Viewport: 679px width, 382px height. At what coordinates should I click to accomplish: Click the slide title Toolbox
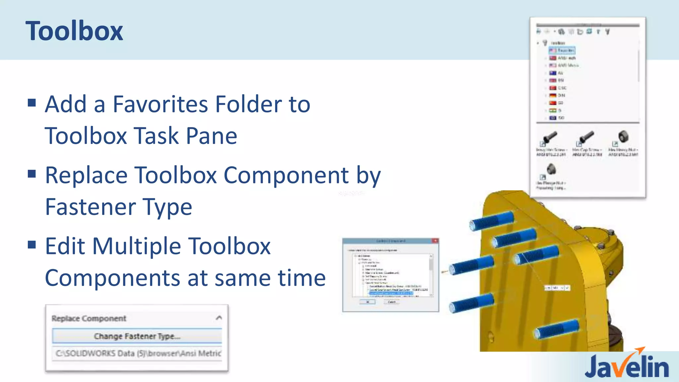pos(74,31)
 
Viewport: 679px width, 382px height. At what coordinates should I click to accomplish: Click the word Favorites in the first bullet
pos(161,104)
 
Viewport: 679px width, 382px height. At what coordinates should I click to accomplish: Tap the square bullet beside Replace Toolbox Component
pos(32,174)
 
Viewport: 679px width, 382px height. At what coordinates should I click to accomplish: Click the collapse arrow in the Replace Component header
pos(219,318)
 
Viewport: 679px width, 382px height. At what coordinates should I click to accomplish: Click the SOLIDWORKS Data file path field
pos(137,353)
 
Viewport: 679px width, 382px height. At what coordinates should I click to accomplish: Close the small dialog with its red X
pos(435,241)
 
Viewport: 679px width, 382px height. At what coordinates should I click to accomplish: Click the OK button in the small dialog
pos(368,302)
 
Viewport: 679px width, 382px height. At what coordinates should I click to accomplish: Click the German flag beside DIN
pos(553,95)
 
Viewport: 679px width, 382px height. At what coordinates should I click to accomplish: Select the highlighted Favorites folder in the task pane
pos(562,50)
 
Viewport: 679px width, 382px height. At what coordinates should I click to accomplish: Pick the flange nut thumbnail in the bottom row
pos(551,169)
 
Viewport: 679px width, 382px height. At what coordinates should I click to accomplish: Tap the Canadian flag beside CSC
pos(553,88)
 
